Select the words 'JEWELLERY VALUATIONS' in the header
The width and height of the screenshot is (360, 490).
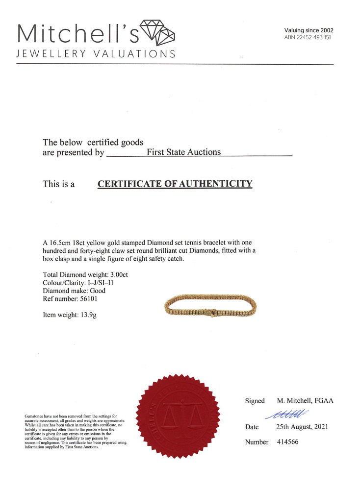[x=96, y=53]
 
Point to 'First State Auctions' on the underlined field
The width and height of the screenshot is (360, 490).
[x=184, y=152]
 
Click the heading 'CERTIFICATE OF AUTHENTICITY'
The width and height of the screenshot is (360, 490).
[x=175, y=184]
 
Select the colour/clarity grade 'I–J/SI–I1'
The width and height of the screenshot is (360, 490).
[x=100, y=283]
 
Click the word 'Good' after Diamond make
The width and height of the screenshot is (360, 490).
[x=96, y=291]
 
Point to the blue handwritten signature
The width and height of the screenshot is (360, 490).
[x=286, y=414]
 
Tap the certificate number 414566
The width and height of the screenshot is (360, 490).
[x=288, y=442]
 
